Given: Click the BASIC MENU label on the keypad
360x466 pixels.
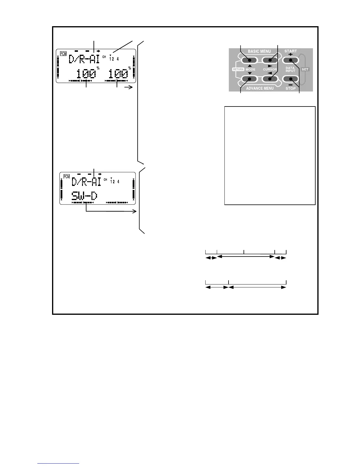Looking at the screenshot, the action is point(259,51).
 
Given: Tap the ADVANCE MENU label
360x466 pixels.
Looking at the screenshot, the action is point(260,88).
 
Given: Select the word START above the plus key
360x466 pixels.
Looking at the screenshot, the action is point(291,51).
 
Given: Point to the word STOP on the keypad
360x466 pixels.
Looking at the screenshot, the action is point(291,89).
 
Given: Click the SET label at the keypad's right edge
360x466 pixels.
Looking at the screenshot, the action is point(305,69).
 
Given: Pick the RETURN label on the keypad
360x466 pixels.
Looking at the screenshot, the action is point(238,69).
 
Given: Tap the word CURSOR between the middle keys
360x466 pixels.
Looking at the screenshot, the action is point(270,69).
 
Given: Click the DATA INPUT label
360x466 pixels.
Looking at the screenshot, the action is point(290,69).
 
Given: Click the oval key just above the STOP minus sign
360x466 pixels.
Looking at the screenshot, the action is point(291,79).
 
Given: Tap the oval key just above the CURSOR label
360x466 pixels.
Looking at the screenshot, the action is point(270,60).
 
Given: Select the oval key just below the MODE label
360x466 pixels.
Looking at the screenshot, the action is point(249,79).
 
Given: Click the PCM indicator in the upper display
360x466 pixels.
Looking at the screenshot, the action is point(63,54).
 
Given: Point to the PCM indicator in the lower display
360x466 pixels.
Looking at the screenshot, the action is point(67,177).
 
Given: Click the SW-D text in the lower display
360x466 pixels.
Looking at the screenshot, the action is point(84,196).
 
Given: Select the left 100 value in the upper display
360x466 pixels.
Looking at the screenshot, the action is point(86,74).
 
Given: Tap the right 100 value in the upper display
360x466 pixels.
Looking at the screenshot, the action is point(118,74).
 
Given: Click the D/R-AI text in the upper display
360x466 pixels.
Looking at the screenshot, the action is point(84,59).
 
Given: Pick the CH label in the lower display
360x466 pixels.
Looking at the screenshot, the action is point(105,180).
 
